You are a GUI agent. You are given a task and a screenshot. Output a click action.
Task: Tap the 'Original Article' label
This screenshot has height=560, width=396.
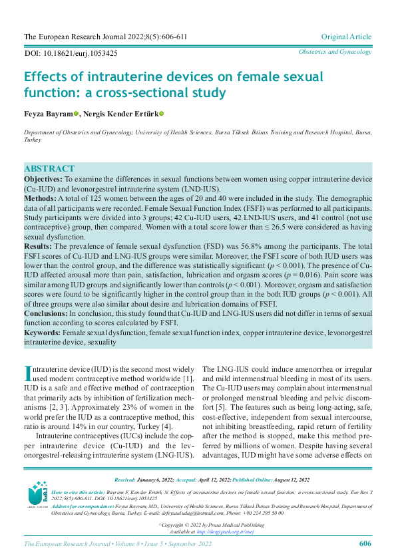coord(346,37)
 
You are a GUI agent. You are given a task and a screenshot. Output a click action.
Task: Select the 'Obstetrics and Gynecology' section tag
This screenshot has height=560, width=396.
coord(335,52)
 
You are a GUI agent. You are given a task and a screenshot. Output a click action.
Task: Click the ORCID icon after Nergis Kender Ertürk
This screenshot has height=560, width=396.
coord(161,114)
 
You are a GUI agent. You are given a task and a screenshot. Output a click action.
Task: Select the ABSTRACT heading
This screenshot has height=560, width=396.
coord(49,169)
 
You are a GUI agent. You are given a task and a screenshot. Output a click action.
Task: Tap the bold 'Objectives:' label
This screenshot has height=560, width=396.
coord(43,180)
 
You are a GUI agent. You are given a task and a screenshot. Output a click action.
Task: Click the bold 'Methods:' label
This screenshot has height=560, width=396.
coord(40,198)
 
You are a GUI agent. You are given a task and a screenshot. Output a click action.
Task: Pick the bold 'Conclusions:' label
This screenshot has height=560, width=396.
coord(46,313)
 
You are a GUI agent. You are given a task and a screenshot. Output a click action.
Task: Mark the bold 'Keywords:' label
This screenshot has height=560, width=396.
coord(43,331)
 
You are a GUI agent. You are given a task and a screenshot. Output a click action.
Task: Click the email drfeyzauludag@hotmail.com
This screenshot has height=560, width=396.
coord(188,513)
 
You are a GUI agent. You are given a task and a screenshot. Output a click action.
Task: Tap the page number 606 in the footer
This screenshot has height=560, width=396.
coord(365,544)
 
